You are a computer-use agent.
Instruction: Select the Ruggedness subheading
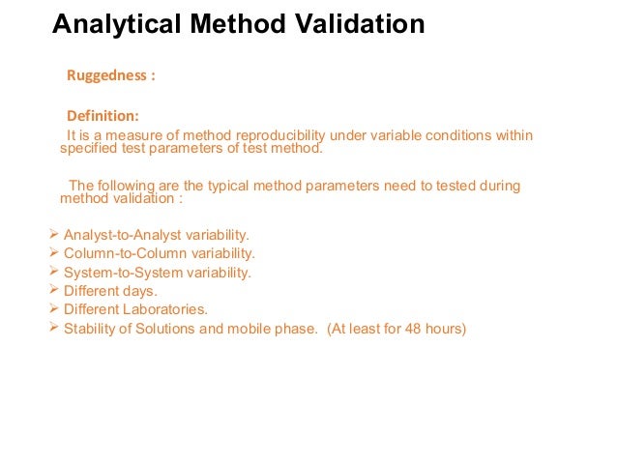(x=108, y=74)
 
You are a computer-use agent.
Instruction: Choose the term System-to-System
(x=119, y=273)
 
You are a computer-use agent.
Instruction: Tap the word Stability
(x=89, y=329)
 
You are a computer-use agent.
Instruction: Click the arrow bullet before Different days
(x=53, y=290)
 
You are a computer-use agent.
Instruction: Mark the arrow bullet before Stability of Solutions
(x=53, y=328)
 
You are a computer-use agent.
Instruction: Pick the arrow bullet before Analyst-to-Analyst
(x=53, y=234)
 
